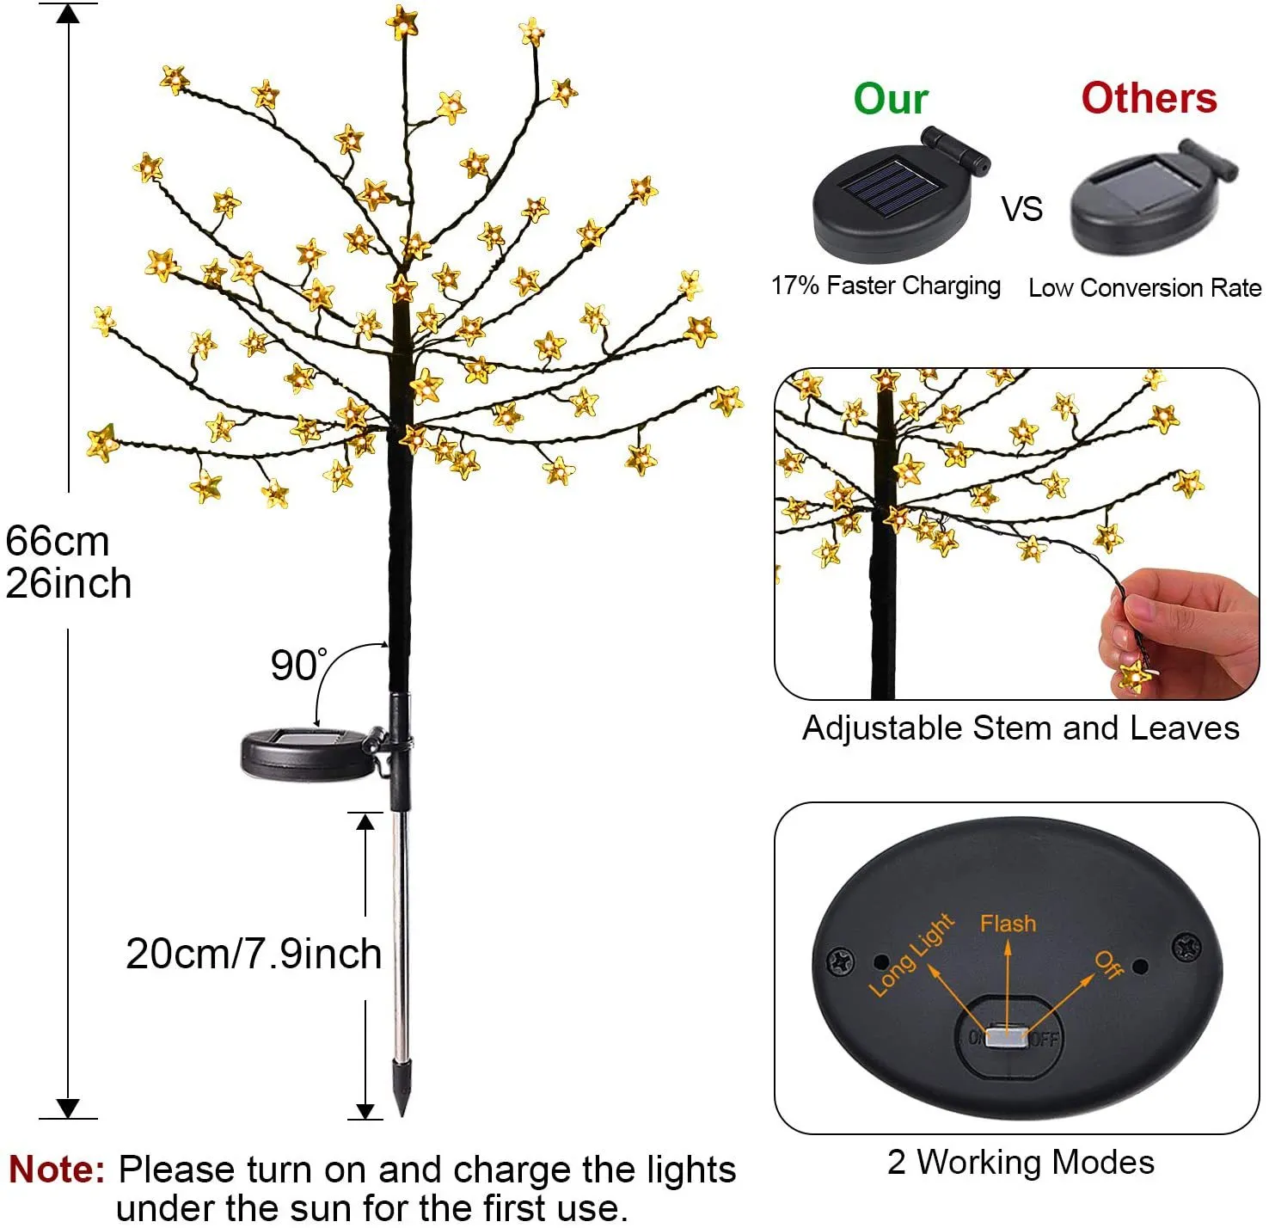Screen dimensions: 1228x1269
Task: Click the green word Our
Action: click(x=891, y=99)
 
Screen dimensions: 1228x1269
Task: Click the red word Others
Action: click(x=1149, y=98)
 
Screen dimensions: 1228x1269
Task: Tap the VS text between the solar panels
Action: click(x=1021, y=209)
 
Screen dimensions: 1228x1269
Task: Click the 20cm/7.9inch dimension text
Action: click(x=254, y=954)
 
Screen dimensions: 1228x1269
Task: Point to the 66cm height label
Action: click(x=58, y=542)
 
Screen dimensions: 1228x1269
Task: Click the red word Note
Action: click(x=57, y=1170)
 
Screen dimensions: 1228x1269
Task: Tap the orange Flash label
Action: click(x=1008, y=924)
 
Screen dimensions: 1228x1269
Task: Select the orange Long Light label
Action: click(x=910, y=955)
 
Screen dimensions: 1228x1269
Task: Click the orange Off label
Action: click(x=1109, y=965)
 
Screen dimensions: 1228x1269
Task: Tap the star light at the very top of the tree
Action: click(x=402, y=21)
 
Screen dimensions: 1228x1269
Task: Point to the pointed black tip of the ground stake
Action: click(x=401, y=1089)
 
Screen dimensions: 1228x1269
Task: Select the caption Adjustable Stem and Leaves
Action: click(x=1021, y=728)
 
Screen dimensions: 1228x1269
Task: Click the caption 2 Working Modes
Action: click(x=1021, y=1162)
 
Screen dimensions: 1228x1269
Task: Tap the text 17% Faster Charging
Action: click(x=886, y=286)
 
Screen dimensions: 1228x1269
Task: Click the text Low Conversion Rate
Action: click(x=1144, y=288)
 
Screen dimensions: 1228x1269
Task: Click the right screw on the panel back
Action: click(x=1186, y=948)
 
